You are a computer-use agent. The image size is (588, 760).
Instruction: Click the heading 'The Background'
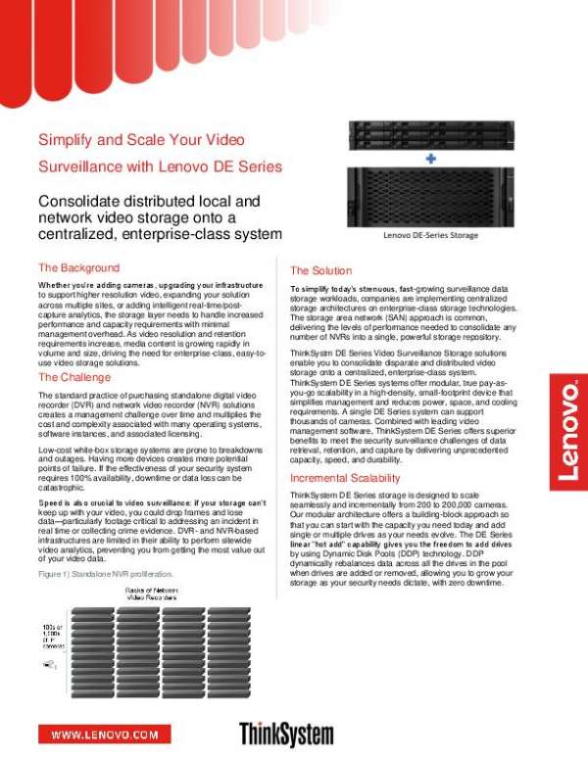78,267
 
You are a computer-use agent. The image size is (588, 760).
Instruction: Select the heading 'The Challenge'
74,377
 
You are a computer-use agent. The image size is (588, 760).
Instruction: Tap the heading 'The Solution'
320,270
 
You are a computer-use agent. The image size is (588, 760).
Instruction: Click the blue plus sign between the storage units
430,157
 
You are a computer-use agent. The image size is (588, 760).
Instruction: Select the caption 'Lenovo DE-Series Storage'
430,235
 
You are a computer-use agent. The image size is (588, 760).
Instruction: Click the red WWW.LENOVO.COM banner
105,733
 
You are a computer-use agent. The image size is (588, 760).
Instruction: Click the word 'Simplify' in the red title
66,140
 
